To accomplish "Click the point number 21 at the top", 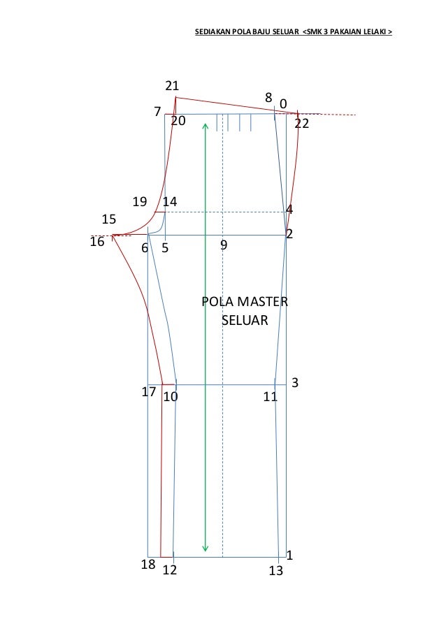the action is coord(172,86).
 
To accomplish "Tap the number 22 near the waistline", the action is coord(301,124).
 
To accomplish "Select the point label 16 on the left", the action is coord(97,242).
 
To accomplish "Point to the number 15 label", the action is coord(108,219).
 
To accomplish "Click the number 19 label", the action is coord(140,202).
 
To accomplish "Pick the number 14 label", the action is coord(170,202).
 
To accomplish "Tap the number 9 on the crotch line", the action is coord(224,245).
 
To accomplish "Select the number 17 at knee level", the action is coord(148,391).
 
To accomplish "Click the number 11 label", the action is coord(270,397).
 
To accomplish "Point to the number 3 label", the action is coord(295,382).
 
